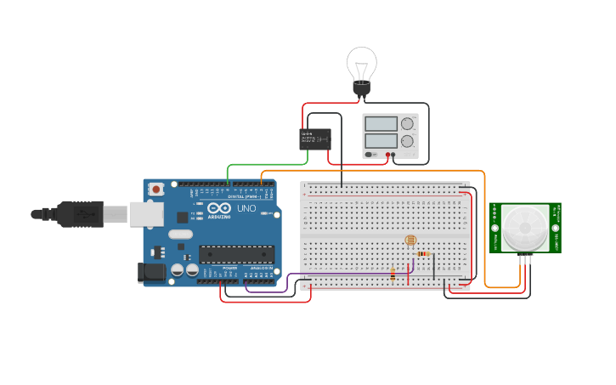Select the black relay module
point(315,139)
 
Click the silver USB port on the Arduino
point(146,214)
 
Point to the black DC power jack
point(151,272)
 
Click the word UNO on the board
point(246,208)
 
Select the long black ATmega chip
point(236,253)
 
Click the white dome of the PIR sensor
point(525,227)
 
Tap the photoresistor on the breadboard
point(412,241)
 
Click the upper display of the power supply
point(381,124)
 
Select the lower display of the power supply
point(381,141)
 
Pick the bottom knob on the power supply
point(408,141)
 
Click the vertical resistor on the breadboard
point(393,273)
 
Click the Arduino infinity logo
point(218,209)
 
